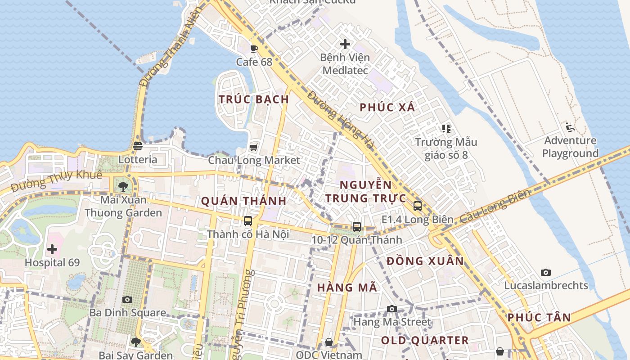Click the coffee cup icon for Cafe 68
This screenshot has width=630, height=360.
[x=254, y=49]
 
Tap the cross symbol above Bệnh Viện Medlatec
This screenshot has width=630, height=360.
[x=345, y=44]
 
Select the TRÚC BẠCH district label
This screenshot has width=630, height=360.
[x=254, y=99]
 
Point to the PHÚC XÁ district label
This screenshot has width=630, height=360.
[x=387, y=108]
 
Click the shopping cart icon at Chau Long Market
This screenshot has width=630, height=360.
[x=254, y=147]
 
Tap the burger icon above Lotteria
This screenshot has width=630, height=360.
[x=138, y=146]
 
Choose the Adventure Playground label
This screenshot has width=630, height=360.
[x=570, y=147]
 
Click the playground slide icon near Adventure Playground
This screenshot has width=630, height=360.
[x=570, y=127]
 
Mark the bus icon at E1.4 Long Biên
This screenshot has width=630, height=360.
[x=418, y=206]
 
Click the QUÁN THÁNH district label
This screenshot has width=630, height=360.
[x=243, y=201]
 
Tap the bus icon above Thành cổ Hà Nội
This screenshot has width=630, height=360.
[x=248, y=221]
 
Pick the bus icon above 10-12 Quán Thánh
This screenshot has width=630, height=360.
[x=357, y=227]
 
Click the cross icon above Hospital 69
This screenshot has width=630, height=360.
[x=52, y=249]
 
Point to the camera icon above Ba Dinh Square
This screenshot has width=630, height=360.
[x=127, y=299]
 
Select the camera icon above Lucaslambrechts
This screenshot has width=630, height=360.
[x=546, y=272]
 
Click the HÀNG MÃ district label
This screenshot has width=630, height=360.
[x=347, y=288]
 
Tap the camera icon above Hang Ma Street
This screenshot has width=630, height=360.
[x=392, y=309]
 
